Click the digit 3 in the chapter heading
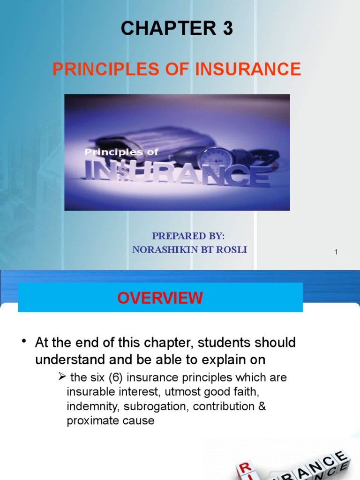coord(227,29)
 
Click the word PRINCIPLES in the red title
coord(95,69)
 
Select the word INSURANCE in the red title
coord(248,69)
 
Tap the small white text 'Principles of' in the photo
coord(121,152)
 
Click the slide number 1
coord(336,252)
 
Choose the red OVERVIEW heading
coord(160,298)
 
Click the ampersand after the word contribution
coord(262,406)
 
